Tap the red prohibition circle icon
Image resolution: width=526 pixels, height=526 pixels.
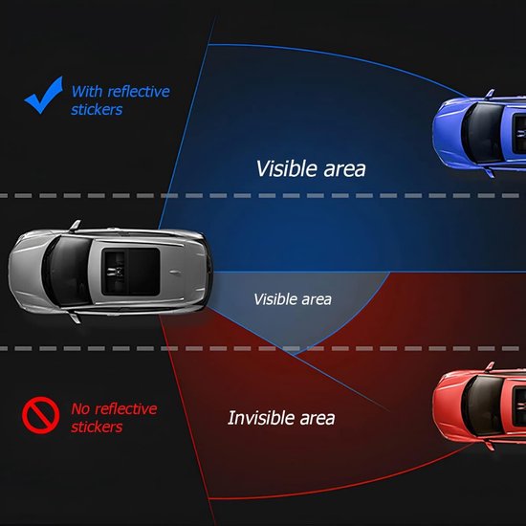point(40,415)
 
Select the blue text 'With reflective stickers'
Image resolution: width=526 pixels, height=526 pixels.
point(121,100)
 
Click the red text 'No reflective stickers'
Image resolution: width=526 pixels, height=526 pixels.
point(114,418)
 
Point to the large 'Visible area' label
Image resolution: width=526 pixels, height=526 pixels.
point(311,168)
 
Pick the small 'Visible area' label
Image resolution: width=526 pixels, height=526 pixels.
point(293,299)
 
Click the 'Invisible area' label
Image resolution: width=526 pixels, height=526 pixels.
point(281,418)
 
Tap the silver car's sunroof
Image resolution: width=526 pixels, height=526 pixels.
point(131,272)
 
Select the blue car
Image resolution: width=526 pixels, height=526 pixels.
point(479,133)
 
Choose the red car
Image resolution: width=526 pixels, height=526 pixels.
point(479,405)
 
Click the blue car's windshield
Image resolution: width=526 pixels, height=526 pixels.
point(483,133)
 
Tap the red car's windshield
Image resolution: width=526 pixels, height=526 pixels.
point(483,405)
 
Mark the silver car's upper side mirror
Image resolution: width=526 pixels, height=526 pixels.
point(76,225)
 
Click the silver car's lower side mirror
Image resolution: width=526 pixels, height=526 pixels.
point(76,318)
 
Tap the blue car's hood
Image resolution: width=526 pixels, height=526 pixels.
point(449,133)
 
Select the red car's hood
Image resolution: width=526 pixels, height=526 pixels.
point(449,405)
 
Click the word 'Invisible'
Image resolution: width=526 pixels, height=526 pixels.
point(260,418)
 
